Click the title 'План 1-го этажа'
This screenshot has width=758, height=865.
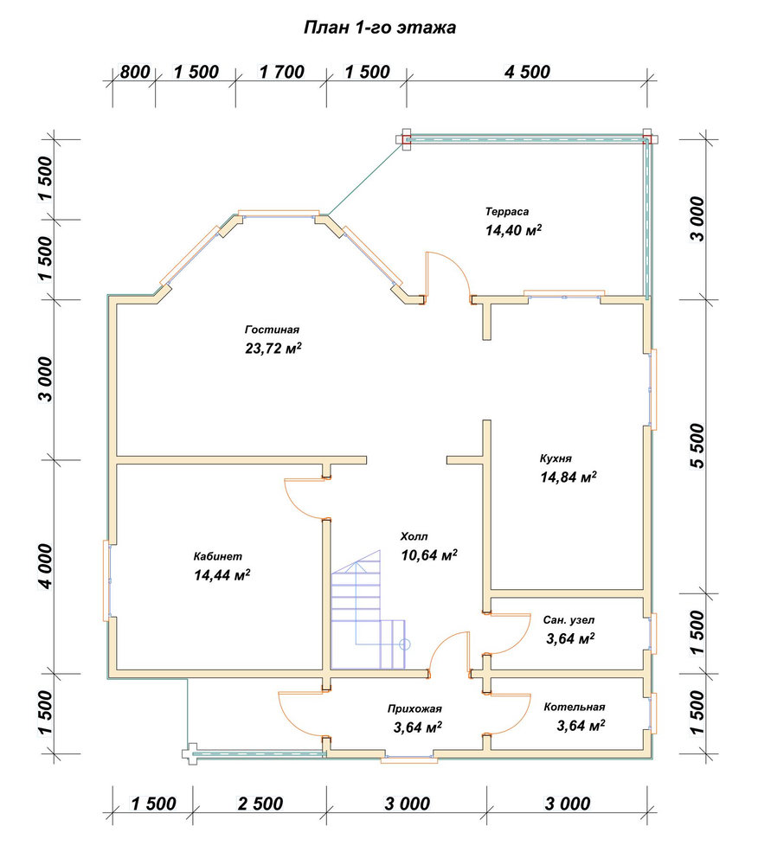click(380, 28)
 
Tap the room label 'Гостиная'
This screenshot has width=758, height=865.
click(272, 330)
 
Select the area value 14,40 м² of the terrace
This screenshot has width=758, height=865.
click(513, 230)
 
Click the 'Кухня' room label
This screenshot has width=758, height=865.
click(556, 458)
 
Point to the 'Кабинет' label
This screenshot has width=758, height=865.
click(218, 556)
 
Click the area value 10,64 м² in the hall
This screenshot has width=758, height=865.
click(428, 555)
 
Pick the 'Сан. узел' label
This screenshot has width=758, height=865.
click(568, 620)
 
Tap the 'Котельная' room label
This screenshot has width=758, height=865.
click(575, 708)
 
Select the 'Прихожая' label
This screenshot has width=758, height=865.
click(414, 709)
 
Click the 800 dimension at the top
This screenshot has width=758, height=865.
click(135, 72)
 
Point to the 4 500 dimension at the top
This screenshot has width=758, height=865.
click(527, 72)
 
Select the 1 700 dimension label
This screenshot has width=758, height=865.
click(281, 72)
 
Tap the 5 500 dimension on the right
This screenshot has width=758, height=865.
click(697, 445)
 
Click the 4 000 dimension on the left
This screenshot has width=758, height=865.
click(46, 567)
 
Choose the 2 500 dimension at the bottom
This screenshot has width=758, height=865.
click(260, 804)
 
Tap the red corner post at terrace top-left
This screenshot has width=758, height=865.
click(406, 139)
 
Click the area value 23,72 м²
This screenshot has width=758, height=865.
click(273, 349)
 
